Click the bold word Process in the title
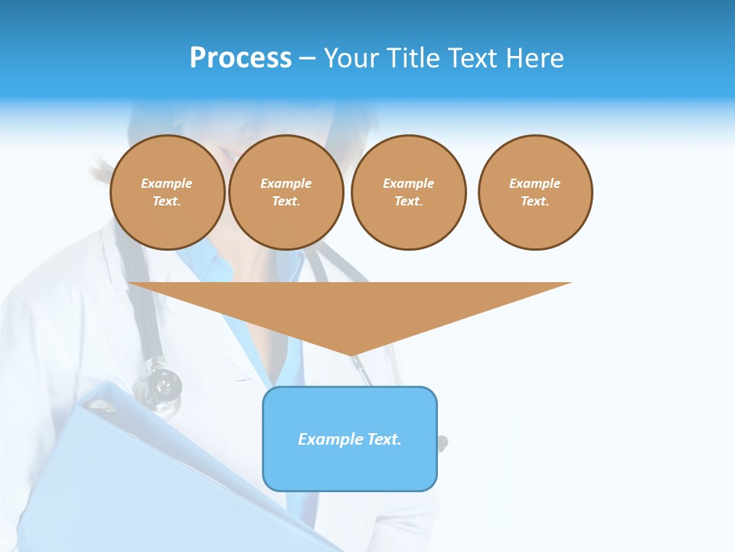click(240, 58)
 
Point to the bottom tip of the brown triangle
click(351, 354)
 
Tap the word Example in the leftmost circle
click(167, 183)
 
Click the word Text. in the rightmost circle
click(535, 201)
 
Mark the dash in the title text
click(307, 58)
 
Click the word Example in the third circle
click(408, 183)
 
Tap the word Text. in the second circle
click(286, 201)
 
